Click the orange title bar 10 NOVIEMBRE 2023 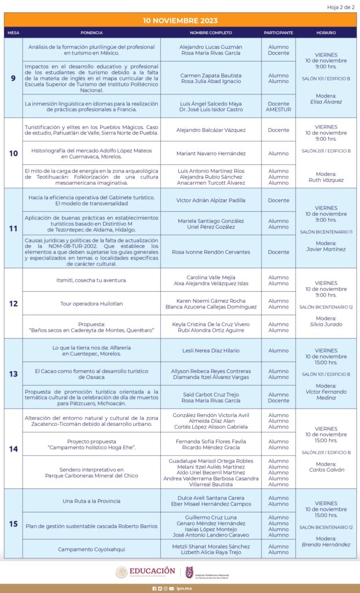point(180,20)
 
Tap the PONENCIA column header point(91,33)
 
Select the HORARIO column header point(326,33)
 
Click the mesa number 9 point(13,78)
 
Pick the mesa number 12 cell point(13,303)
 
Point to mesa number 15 point(13,524)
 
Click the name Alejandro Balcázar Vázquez point(211,130)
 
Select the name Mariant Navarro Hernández point(211,153)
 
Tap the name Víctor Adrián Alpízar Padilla point(211,200)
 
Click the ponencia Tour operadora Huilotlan point(91,303)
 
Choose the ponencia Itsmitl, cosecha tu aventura point(91,280)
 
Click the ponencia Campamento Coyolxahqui point(91,549)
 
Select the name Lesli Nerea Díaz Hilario point(211,350)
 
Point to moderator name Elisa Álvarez point(326,102)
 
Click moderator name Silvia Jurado point(326,324)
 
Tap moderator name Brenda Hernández point(326,544)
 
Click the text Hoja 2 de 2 point(341,6)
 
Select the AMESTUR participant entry point(278,109)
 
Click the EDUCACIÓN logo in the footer point(145,572)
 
